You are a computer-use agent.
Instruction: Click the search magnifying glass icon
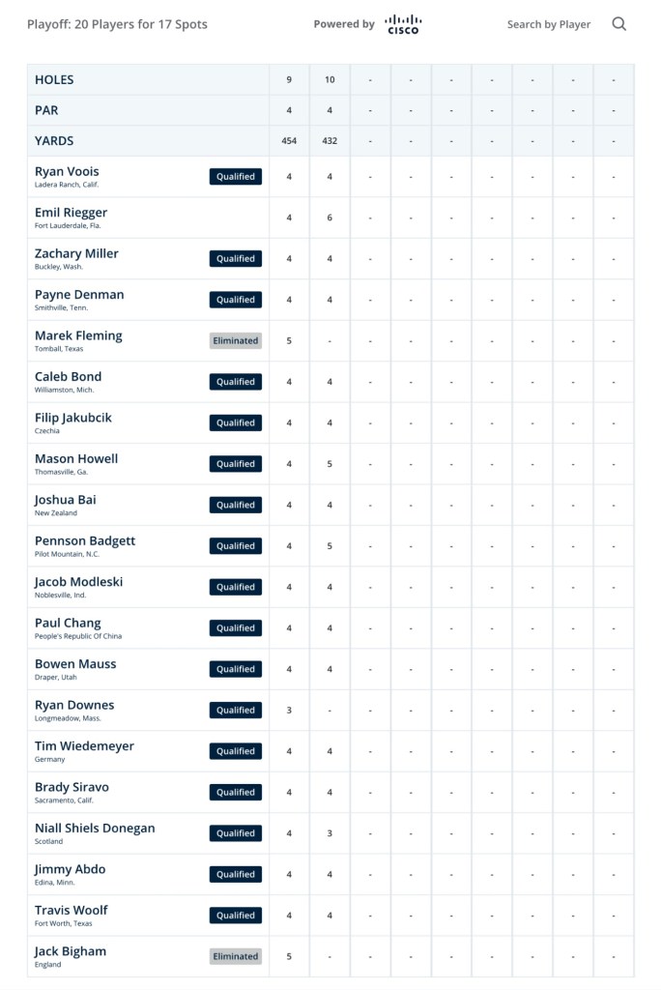[619, 24]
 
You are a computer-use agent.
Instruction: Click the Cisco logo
[402, 24]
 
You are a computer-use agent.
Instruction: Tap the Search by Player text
[548, 24]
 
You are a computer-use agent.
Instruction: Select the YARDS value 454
[289, 141]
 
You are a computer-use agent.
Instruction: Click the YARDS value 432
[330, 141]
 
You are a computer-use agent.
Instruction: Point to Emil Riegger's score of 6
[330, 218]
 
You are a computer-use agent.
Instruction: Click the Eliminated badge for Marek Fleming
[236, 340]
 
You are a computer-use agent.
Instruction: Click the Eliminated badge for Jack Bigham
[236, 956]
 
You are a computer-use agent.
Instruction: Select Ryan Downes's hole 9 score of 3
[289, 710]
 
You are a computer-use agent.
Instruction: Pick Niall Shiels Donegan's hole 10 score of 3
[330, 833]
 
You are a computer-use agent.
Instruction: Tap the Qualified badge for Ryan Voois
[236, 177]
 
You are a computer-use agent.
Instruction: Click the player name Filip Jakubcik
[73, 418]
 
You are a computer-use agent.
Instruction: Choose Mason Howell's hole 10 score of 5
[330, 464]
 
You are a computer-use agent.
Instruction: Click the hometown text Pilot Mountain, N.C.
[67, 554]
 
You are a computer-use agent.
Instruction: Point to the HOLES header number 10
[330, 79]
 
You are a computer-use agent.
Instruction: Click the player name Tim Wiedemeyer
[84, 746]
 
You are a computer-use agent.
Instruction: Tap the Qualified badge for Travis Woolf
[236, 916]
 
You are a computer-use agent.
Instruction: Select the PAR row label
[47, 110]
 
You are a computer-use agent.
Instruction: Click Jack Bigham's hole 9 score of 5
[289, 956]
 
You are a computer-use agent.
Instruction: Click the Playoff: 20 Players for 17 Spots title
[117, 24]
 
